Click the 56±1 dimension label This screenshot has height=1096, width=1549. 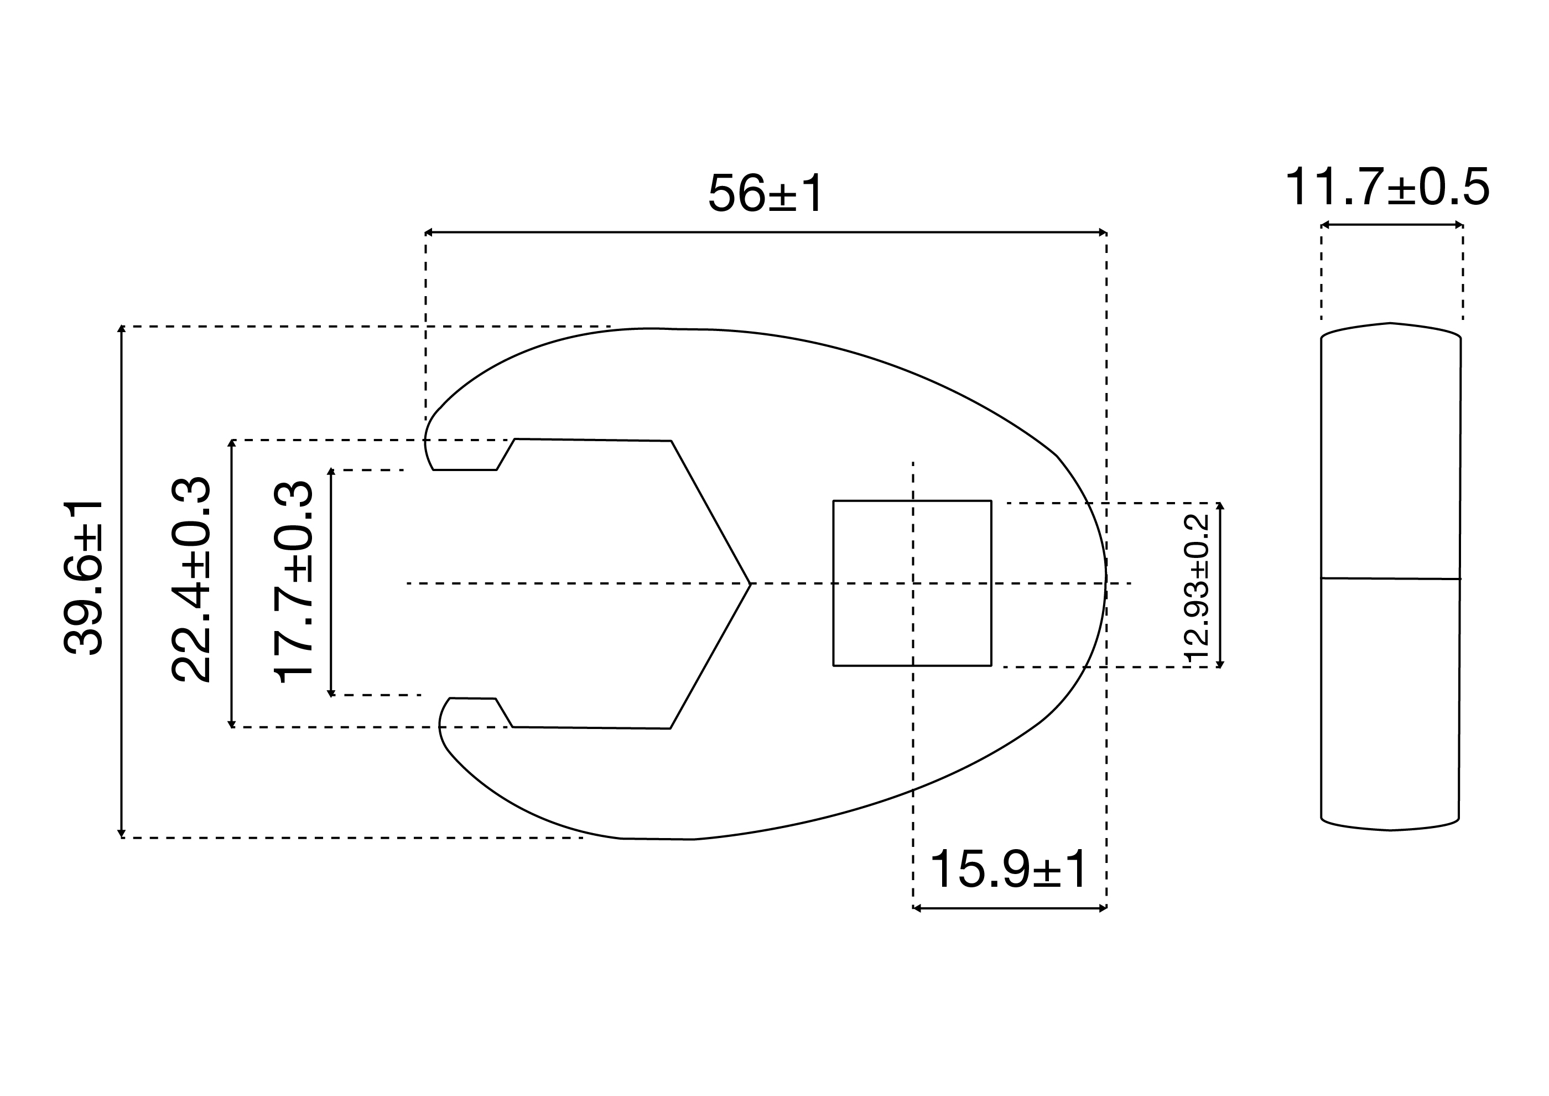click(x=766, y=193)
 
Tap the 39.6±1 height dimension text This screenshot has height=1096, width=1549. click(x=82, y=578)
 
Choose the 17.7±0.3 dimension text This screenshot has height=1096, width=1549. click(x=293, y=582)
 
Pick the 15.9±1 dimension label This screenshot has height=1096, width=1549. click(x=1009, y=871)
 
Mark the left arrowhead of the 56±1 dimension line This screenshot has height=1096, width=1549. click(x=428, y=232)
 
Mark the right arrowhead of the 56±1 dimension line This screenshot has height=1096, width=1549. click(x=1103, y=232)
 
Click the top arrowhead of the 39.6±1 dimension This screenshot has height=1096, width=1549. click(x=122, y=329)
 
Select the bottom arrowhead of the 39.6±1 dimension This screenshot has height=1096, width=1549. click(x=122, y=834)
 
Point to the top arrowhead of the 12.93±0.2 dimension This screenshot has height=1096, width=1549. click(x=1220, y=505)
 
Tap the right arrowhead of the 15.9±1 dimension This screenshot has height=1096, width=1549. click(x=1103, y=908)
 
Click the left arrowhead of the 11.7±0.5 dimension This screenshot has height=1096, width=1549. click(x=1324, y=225)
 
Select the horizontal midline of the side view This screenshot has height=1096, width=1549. click(x=1390, y=578)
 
